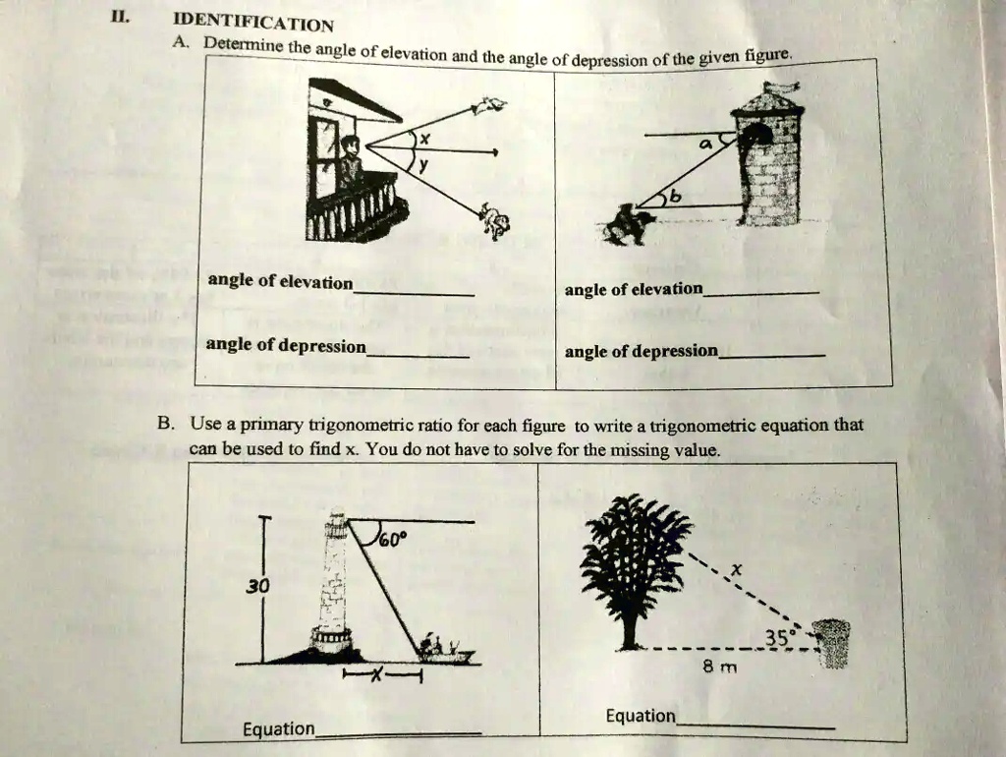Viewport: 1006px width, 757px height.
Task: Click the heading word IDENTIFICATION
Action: click(252, 22)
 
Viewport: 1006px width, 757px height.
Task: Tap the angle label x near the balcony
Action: click(424, 140)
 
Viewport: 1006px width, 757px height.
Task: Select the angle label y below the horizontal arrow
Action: click(424, 168)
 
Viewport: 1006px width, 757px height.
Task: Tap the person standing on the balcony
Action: click(350, 162)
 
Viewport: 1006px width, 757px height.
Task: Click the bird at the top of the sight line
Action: click(490, 104)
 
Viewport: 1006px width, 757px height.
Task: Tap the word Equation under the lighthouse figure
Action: click(279, 728)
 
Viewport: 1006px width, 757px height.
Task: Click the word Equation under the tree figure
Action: click(641, 716)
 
